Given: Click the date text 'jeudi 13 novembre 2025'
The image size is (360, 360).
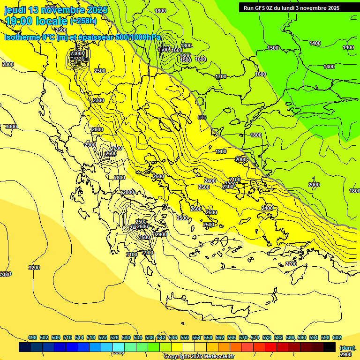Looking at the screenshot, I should (x=56, y=10).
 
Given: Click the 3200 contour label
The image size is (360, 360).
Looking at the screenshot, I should (x=34, y=268).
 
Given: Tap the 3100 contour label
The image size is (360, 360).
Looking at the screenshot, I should (x=132, y=255).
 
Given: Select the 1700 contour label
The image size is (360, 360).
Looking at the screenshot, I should (x=221, y=76).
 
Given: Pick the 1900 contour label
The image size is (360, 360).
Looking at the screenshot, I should (x=221, y=151).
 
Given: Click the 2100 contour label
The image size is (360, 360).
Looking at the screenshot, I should (x=235, y=180).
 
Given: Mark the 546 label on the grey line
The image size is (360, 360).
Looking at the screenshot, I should (x=202, y=117).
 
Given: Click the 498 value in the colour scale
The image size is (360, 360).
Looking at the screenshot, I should (x=32, y=337).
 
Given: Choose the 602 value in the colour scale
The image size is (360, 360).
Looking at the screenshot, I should (x=337, y=337).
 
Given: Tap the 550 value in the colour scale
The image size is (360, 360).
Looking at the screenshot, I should (x=185, y=337).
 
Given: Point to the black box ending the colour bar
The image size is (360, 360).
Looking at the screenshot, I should (x=330, y=347).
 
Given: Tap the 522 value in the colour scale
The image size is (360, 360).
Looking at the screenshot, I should (x=103, y=337).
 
